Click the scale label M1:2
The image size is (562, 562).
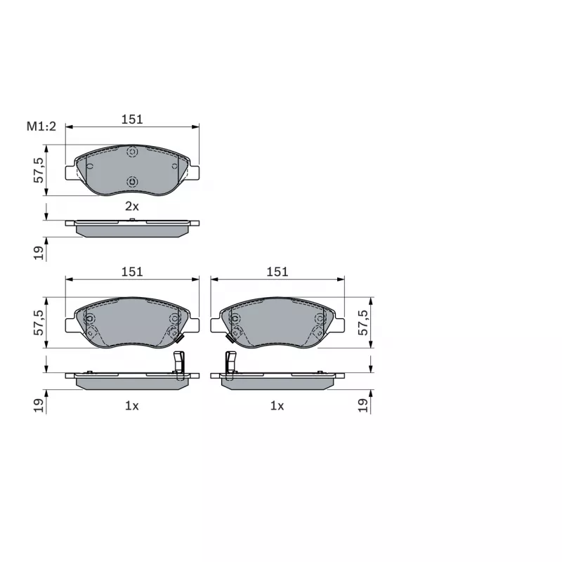(41, 126)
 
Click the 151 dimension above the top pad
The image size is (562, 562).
(132, 119)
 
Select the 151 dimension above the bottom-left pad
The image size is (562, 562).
(132, 272)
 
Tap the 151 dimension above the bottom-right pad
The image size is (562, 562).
(277, 272)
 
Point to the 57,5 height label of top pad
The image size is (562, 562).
(39, 170)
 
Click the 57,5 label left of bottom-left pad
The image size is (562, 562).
(39, 322)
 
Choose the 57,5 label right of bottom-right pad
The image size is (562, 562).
(363, 322)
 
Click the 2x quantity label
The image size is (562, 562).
(132, 206)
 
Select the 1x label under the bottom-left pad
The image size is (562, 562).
(132, 406)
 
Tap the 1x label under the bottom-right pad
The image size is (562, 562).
(277, 406)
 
